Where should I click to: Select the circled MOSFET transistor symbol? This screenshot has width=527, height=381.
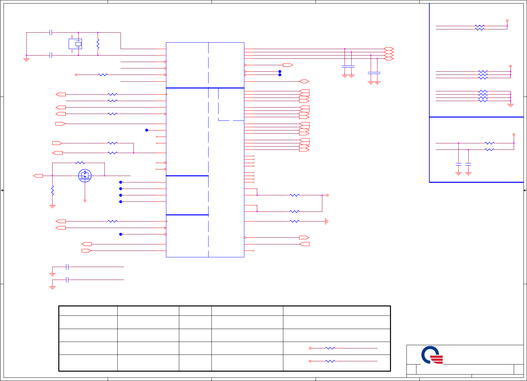pyautogui.click(x=85, y=176)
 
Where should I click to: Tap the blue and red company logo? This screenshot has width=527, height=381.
pyautogui.click(x=432, y=355)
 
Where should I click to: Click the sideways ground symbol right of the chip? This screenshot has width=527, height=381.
pyautogui.click(x=327, y=221)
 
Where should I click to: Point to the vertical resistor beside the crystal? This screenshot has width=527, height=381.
pyautogui.click(x=98, y=44)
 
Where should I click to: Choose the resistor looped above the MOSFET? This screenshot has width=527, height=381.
pyautogui.click(x=80, y=163)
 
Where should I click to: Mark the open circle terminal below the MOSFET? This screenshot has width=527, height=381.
pyautogui.click(x=85, y=201)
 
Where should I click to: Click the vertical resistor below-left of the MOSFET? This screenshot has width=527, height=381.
pyautogui.click(x=52, y=190)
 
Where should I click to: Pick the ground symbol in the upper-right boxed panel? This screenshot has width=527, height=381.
pyautogui.click(x=510, y=105)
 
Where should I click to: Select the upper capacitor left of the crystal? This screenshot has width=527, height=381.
pyautogui.click(x=51, y=32)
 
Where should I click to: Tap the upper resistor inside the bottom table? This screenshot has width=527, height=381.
pyautogui.click(x=330, y=348)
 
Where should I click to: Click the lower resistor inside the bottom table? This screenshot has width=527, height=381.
pyautogui.click(x=330, y=361)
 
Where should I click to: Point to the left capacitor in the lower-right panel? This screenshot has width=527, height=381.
pyautogui.click(x=458, y=165)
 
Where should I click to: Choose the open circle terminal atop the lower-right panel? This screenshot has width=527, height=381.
pyautogui.click(x=513, y=134)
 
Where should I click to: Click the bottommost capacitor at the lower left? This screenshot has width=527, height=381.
pyautogui.click(x=67, y=280)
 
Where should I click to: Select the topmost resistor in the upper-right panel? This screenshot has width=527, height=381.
pyautogui.click(x=479, y=26)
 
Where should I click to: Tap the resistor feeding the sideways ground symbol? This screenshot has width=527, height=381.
pyautogui.click(x=294, y=221)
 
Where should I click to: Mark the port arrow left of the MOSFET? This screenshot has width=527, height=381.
pyautogui.click(x=38, y=176)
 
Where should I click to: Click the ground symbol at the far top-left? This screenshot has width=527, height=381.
pyautogui.click(x=26, y=60)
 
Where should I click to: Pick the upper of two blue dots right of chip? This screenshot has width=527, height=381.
pyautogui.click(x=280, y=71)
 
